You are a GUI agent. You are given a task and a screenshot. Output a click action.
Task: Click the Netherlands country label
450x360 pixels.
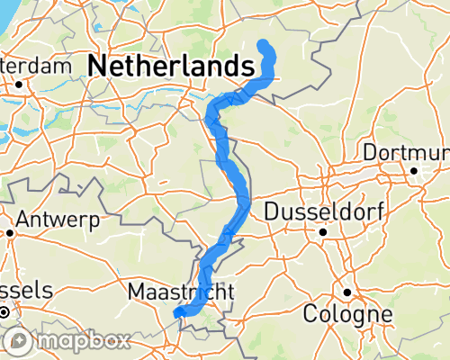click(x=170, y=66)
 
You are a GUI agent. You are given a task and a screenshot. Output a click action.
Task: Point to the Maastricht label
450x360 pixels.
click(x=181, y=292)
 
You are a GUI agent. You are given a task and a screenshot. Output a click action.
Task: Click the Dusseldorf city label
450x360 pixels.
click(x=325, y=212)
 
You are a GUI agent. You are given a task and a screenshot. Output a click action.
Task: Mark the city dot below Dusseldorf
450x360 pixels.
click(x=321, y=231)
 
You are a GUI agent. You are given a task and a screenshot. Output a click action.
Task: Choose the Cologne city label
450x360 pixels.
click(x=347, y=315)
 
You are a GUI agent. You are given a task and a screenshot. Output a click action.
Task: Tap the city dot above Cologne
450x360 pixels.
click(x=346, y=293)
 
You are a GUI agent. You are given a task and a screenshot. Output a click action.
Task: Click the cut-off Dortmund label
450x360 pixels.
click(x=405, y=151)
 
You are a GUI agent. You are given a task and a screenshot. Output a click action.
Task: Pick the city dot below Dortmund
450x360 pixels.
click(x=414, y=170)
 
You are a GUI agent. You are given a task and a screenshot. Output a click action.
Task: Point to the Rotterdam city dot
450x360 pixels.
click(x=17, y=85)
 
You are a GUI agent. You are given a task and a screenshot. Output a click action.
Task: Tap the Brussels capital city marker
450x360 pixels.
click(x=5, y=312)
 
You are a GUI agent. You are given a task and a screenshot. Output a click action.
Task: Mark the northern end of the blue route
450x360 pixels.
click(x=263, y=44)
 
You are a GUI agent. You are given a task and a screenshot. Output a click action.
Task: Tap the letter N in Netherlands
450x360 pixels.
click(x=98, y=67)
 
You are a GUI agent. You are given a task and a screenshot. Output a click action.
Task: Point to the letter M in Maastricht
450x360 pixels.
click(x=136, y=292)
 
